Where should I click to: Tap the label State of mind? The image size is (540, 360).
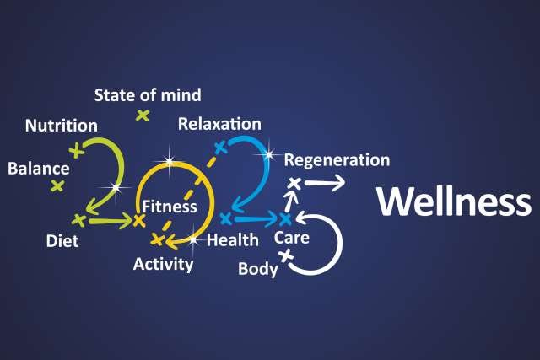[148, 95]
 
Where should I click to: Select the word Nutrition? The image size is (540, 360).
[61, 126]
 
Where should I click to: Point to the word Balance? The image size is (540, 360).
[38, 168]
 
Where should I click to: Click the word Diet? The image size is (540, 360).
[62, 242]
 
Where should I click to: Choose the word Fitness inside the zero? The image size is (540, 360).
[170, 206]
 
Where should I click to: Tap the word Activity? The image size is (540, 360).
[163, 264]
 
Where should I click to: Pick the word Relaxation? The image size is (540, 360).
[219, 124]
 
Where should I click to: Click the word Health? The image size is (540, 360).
[232, 240]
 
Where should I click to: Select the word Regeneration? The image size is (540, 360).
[337, 159]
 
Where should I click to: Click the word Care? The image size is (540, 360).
[292, 239]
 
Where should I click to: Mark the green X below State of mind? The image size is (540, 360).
[143, 116]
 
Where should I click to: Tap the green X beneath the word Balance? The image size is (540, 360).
[57, 185]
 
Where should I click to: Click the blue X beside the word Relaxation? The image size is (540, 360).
[221, 148]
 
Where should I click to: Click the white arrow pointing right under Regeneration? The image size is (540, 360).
[325, 182]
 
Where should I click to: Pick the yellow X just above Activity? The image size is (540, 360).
[156, 239]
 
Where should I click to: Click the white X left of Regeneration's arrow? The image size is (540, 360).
[294, 183]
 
